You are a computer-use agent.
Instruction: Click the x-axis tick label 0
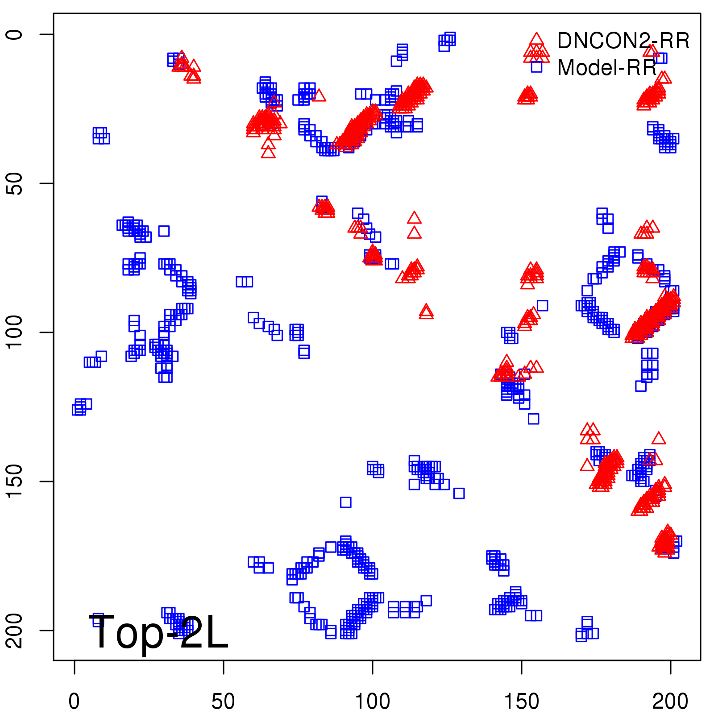tap(74, 702)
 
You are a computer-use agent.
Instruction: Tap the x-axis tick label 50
tap(223, 702)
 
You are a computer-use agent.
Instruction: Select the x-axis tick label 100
tap(372, 702)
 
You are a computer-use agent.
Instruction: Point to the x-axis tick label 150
tap(521, 702)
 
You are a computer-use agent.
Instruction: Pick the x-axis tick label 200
tap(670, 702)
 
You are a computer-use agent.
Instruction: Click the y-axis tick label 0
tap(14, 34)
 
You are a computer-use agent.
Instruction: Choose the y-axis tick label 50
tap(14, 183)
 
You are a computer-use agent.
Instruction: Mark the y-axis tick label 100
tap(14, 332)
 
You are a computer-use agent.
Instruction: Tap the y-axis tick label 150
tap(14, 482)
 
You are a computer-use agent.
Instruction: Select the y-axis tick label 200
tap(14, 631)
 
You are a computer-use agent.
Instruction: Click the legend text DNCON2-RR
tap(623, 41)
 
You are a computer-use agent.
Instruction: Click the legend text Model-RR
tap(606, 68)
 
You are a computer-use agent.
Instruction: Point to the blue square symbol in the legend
tap(536, 67)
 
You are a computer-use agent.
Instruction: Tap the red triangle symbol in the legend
tap(536, 41)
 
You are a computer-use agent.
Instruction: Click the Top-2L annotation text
tap(159, 633)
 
